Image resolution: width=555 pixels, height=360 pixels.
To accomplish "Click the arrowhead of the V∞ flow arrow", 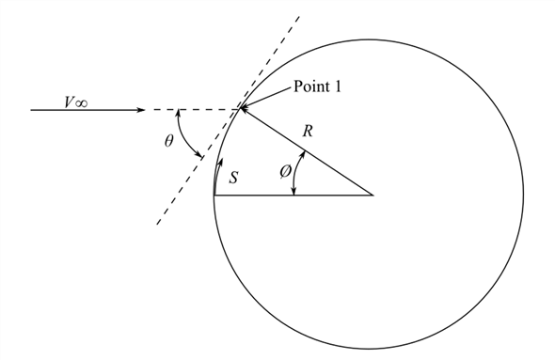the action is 141,110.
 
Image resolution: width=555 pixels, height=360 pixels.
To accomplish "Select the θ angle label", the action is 168,141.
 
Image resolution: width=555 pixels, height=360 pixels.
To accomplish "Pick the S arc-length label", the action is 233,176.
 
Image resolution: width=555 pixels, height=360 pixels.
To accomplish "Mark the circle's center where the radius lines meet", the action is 373,196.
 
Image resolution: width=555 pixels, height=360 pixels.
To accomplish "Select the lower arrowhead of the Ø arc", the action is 295,192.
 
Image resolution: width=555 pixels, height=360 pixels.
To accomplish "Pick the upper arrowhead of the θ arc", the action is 180,112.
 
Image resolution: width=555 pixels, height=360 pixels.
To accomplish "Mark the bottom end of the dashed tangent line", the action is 156,226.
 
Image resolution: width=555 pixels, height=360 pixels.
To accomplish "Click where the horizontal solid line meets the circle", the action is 215,196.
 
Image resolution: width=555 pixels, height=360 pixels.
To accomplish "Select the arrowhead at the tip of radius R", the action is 244,111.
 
